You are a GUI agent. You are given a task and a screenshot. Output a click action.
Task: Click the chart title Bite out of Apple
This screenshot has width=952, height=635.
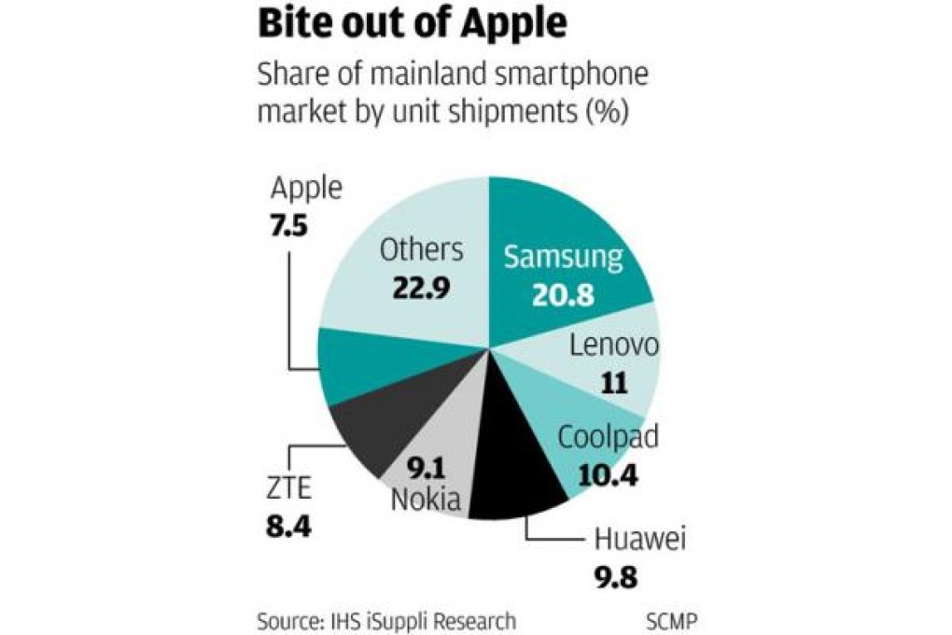point(412,25)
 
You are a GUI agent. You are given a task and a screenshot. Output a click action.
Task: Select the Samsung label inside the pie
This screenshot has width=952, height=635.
point(563,257)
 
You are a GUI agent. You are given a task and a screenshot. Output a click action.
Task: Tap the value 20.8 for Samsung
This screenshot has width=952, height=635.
point(563,294)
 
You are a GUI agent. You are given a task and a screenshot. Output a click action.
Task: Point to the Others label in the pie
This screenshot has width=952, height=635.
point(421,249)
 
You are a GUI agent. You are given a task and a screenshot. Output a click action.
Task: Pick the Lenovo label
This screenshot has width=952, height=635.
point(613,346)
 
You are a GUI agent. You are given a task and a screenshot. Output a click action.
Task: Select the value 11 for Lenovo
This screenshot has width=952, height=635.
point(613,383)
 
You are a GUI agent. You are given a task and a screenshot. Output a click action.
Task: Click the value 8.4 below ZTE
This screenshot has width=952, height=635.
point(287,524)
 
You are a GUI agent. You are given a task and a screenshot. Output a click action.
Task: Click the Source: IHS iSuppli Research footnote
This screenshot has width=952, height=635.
point(385,619)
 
